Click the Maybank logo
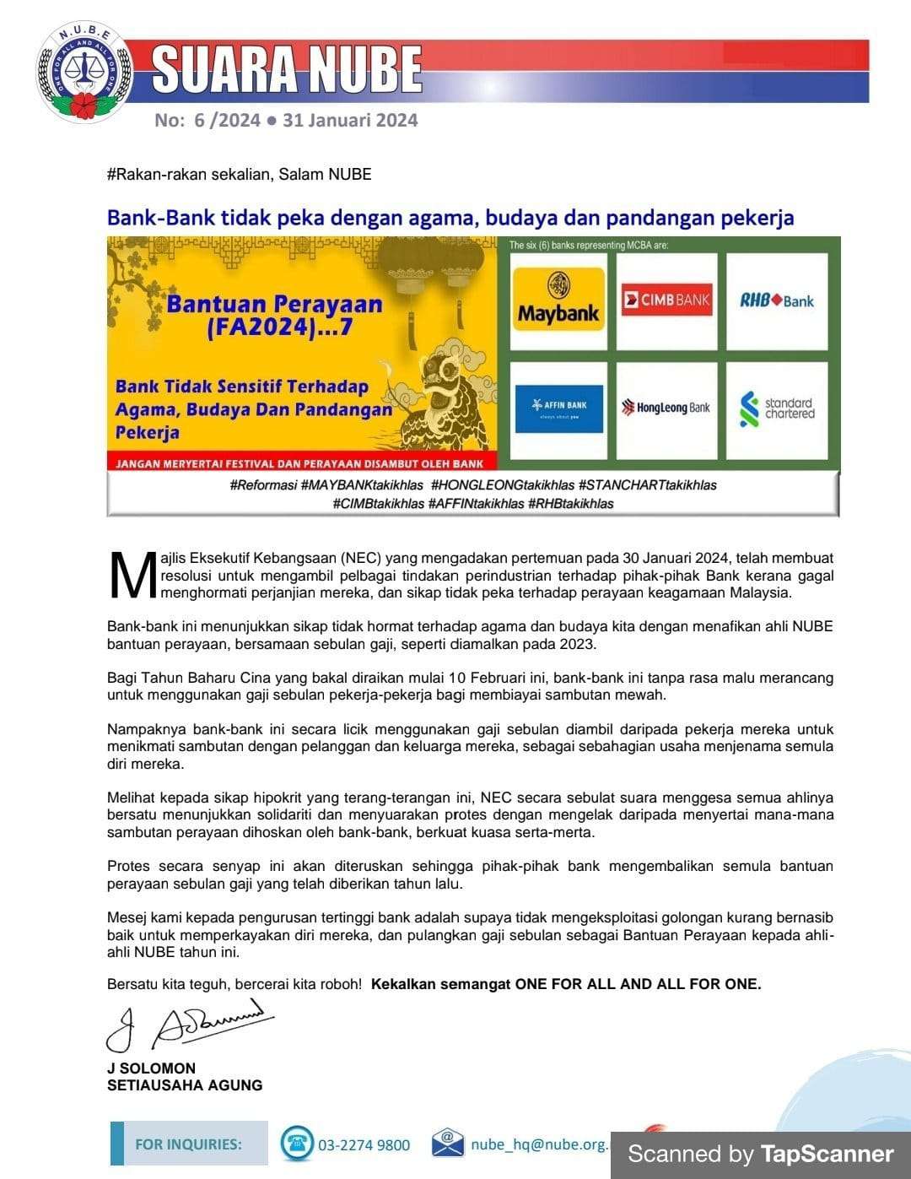[x=558, y=300]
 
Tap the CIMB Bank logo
[x=666, y=300]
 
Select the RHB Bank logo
[x=777, y=300]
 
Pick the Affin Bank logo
[x=558, y=408]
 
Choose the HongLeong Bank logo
[x=666, y=408]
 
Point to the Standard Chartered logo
[x=777, y=408]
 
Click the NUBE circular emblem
[x=85, y=72]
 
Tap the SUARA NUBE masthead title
[x=287, y=69]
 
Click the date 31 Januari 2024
[x=350, y=120]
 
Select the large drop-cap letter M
[x=132, y=576]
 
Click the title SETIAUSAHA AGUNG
[x=185, y=1085]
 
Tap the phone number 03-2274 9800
[x=364, y=1145]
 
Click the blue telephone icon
[x=297, y=1144]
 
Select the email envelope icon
[x=448, y=1143]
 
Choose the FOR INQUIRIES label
[x=188, y=1144]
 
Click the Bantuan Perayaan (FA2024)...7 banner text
[x=274, y=315]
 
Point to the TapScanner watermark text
[x=760, y=1154]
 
